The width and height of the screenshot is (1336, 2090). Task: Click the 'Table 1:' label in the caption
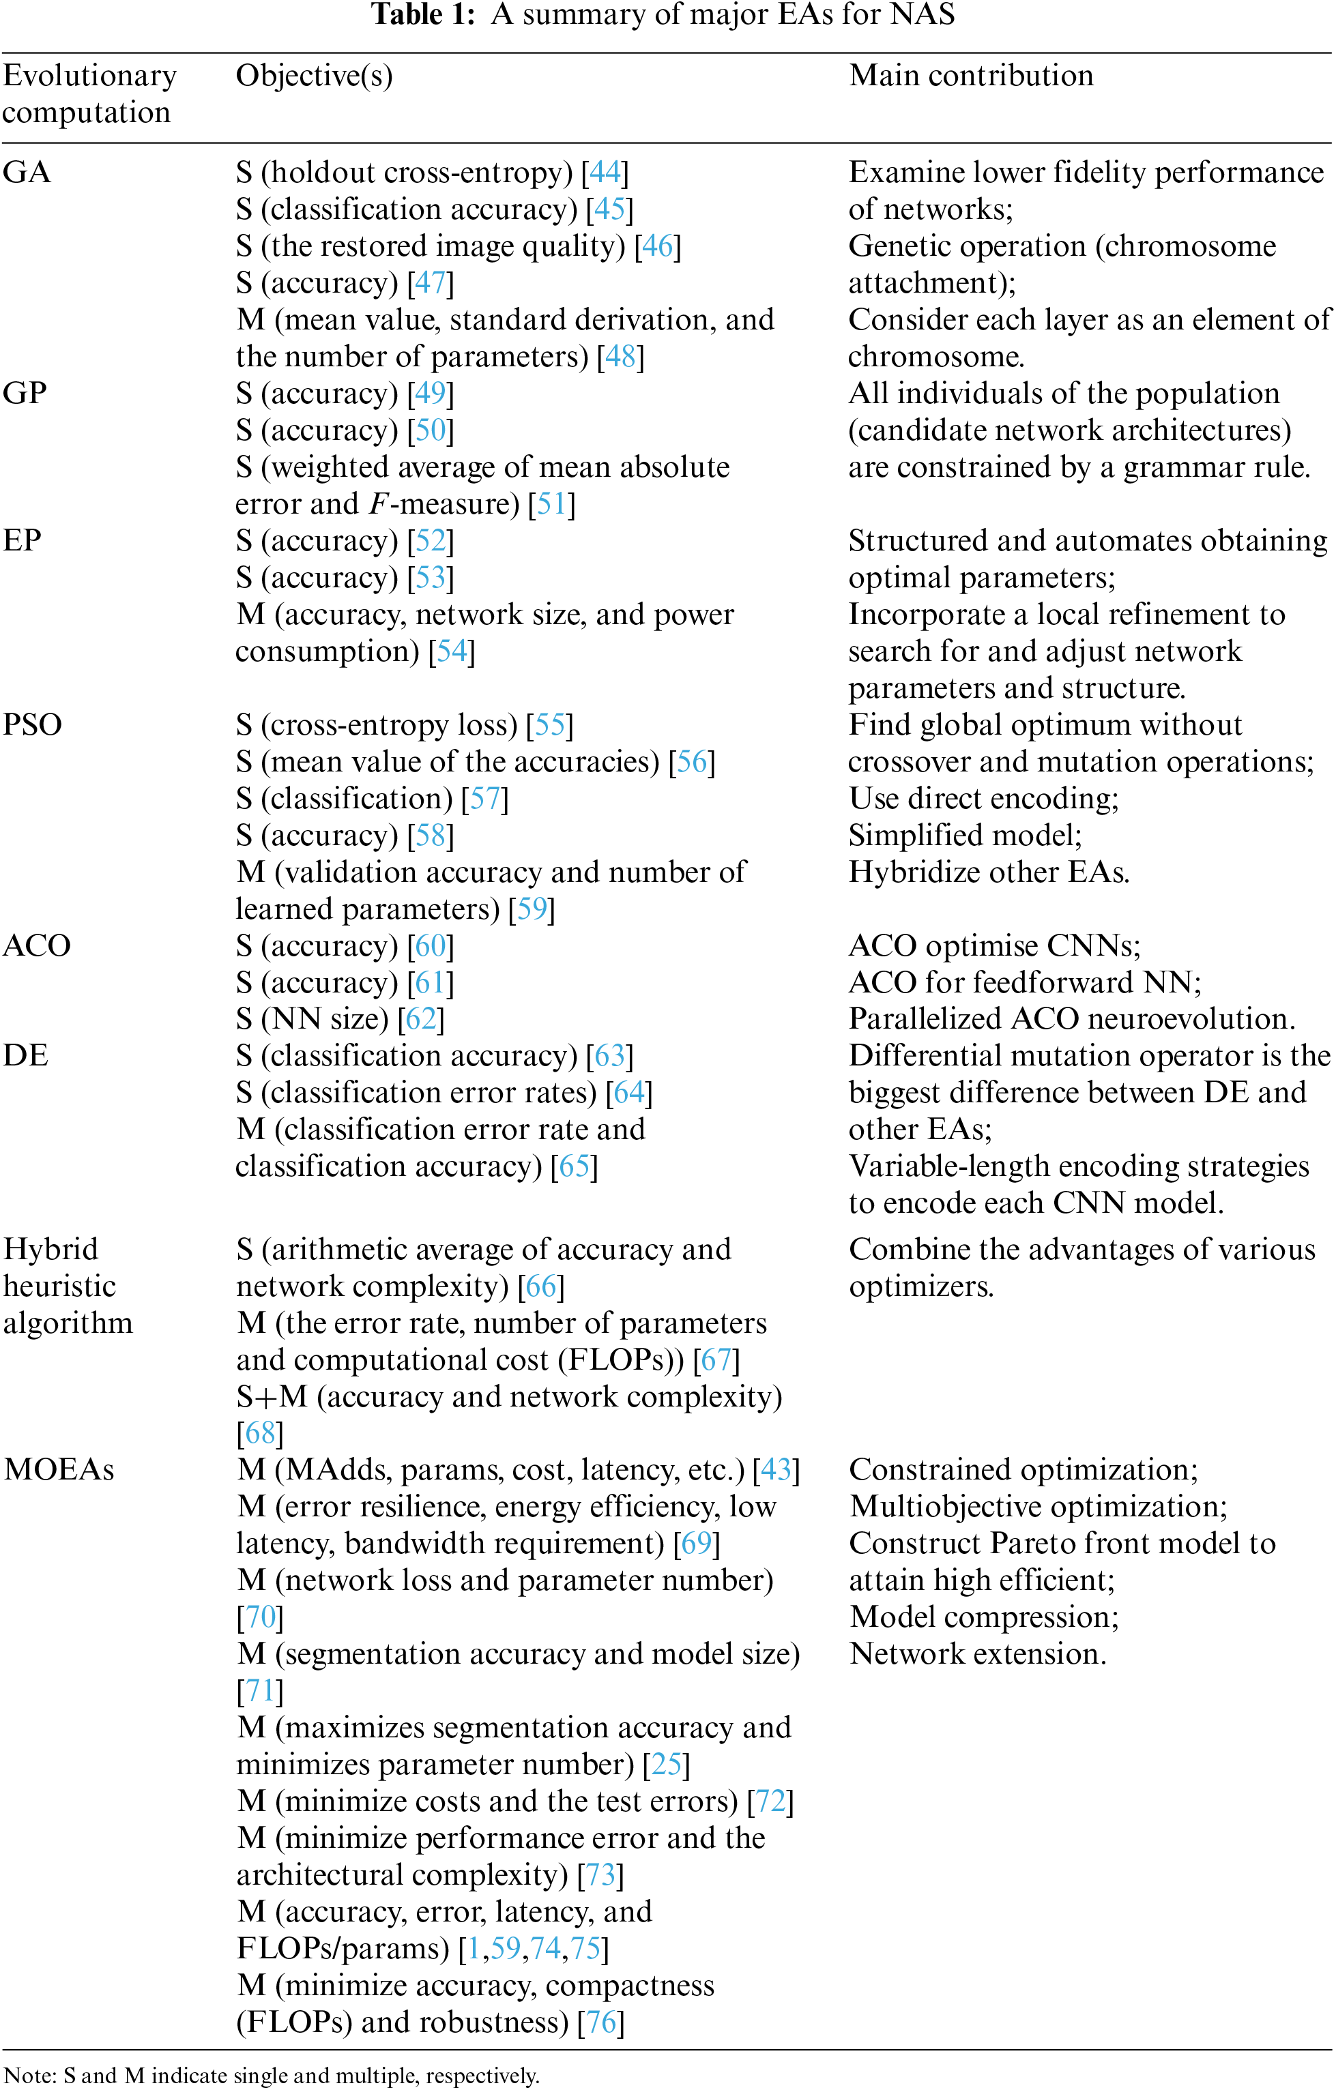424,15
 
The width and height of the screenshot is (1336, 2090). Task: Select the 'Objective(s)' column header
315,76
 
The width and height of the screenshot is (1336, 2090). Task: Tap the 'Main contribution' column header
970,76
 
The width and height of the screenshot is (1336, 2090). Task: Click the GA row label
27,173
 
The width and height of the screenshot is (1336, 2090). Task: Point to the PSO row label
32,724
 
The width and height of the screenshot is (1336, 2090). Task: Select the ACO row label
36,945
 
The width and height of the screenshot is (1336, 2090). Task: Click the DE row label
25,1055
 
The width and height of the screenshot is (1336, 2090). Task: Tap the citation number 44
605,173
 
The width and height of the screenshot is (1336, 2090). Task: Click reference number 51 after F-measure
551,504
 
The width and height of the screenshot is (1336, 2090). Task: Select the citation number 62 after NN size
421,1019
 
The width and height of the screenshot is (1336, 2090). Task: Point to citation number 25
667,1764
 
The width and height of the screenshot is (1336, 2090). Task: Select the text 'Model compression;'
983,1617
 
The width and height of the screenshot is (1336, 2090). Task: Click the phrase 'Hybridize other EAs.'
989,872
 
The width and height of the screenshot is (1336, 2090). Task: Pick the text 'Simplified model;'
964,835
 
